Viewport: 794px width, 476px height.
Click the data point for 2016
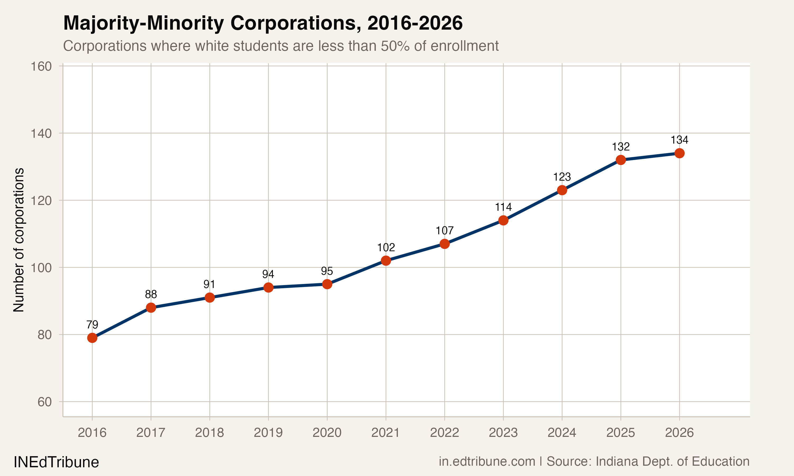click(92, 338)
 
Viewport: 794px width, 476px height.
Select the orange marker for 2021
click(386, 260)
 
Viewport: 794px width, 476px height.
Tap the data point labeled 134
click(679, 153)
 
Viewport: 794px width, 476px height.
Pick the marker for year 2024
click(562, 190)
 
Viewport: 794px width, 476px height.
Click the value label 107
click(444, 231)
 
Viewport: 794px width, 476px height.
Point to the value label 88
click(151, 294)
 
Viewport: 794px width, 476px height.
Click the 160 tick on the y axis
click(41, 66)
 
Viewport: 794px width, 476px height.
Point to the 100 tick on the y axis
click(41, 268)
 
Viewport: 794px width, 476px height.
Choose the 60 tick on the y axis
click(44, 402)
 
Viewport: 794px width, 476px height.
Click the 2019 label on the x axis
click(268, 433)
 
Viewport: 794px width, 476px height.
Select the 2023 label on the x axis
click(503, 433)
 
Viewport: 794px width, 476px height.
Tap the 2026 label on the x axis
click(679, 433)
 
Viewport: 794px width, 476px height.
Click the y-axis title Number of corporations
click(19, 240)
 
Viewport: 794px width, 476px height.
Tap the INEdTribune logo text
click(56, 462)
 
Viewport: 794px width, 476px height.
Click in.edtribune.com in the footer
click(487, 461)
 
